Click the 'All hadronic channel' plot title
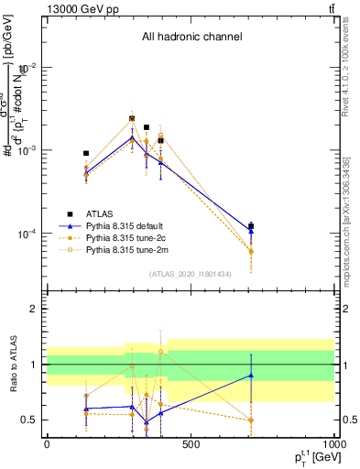(x=191, y=37)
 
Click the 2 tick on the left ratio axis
(x=34, y=310)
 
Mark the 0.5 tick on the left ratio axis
(x=30, y=420)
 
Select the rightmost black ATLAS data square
(x=251, y=226)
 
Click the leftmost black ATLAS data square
(x=86, y=154)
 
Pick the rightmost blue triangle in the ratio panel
(x=251, y=376)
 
